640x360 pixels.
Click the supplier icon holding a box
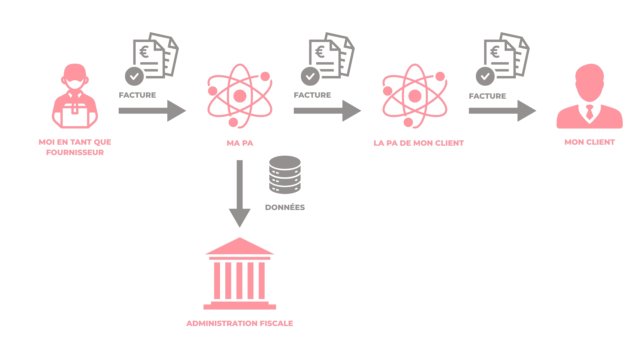[x=75, y=97]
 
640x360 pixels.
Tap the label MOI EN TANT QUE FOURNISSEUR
[x=75, y=147]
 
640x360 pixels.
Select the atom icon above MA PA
[x=240, y=96]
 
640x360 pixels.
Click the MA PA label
[x=240, y=143]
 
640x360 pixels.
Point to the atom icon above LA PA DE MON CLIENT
[x=415, y=96]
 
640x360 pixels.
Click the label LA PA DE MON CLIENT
[x=419, y=143]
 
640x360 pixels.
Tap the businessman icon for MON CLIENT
[x=589, y=97]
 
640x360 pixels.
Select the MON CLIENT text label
[x=589, y=142]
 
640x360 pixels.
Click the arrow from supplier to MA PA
[x=152, y=111]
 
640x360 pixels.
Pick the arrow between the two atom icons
[x=327, y=111]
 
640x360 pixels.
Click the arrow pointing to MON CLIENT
[x=502, y=111]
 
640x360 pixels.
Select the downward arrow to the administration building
[x=240, y=193]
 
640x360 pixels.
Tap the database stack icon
[x=285, y=175]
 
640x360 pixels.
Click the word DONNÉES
[x=285, y=207]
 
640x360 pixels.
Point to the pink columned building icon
[x=240, y=273]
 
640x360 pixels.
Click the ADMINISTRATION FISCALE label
[x=240, y=323]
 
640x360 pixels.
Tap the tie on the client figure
[x=589, y=112]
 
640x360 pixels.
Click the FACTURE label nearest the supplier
[x=137, y=95]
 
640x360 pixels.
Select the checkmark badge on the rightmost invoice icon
[x=485, y=76]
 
